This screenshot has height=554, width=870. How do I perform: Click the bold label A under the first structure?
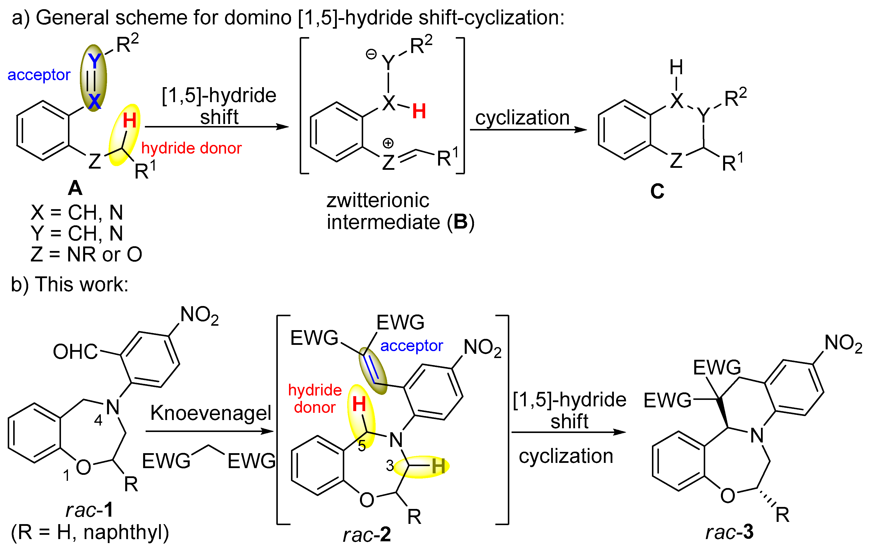75,188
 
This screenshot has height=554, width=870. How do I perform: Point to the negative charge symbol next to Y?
371,54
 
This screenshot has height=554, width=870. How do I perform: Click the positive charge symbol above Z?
388,143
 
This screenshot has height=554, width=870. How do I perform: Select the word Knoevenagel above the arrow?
211,413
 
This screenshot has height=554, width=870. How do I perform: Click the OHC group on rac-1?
75,352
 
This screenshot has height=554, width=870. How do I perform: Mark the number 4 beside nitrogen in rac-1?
98,420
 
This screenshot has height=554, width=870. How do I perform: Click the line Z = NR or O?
86,254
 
